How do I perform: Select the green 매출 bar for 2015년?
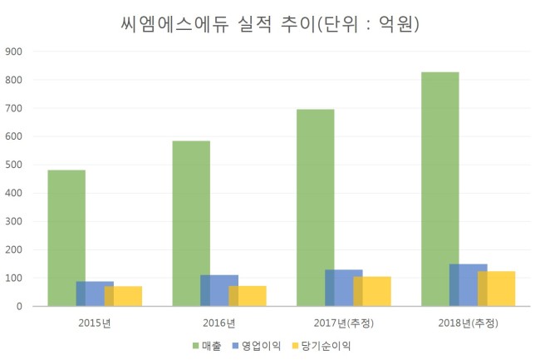click(x=66, y=238)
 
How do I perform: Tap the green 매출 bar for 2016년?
click(x=191, y=224)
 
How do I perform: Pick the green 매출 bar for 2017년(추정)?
click(x=316, y=208)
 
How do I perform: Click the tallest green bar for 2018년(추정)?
click(x=440, y=189)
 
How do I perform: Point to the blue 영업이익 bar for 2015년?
click(x=95, y=293)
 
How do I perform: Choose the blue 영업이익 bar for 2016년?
click(x=219, y=291)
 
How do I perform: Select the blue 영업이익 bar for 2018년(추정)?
click(x=469, y=285)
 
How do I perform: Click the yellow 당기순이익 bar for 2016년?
click(x=248, y=296)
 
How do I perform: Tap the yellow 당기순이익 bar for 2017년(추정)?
click(x=372, y=292)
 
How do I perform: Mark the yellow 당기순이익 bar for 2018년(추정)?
click(x=497, y=288)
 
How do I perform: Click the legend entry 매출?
click(x=207, y=346)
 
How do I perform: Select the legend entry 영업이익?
click(x=257, y=346)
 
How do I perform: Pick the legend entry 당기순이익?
click(x=322, y=346)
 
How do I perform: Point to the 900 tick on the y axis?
click(x=14, y=52)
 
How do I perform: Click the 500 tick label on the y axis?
click(x=14, y=165)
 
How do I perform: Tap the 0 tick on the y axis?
click(x=19, y=307)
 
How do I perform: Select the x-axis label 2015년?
click(x=95, y=323)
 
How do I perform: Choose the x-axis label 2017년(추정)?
click(x=344, y=323)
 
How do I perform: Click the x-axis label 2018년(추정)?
click(x=469, y=323)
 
